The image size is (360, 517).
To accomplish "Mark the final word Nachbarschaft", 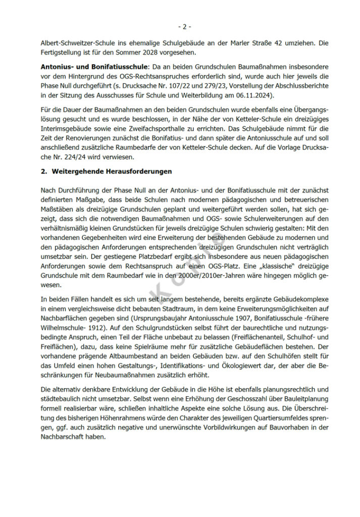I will pos(65,437).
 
